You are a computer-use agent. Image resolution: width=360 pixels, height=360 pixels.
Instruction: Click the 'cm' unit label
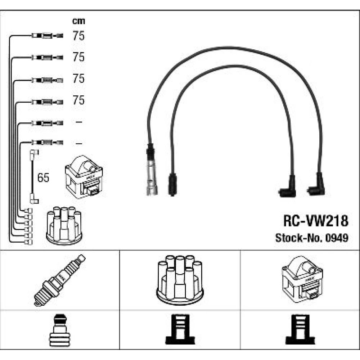(78, 21)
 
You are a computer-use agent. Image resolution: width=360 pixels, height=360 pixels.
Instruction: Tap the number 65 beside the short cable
(43, 178)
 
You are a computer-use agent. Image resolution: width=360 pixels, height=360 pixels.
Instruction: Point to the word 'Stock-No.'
(298, 238)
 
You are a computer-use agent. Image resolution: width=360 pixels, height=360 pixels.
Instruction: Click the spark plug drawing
(60, 280)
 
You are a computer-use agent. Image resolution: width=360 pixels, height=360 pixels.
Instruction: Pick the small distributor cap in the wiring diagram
(64, 225)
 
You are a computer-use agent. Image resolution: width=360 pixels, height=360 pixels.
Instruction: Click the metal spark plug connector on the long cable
(150, 169)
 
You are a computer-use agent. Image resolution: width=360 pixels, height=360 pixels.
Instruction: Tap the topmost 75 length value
(78, 36)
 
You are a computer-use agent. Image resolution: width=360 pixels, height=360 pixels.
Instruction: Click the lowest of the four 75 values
(78, 100)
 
